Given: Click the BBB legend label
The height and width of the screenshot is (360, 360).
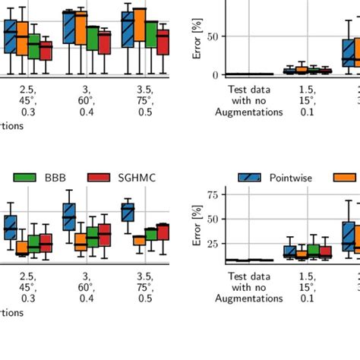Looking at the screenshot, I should point(55,178).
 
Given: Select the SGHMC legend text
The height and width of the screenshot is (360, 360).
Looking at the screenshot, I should point(136,178).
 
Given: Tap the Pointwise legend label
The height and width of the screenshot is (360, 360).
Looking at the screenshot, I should point(292,178).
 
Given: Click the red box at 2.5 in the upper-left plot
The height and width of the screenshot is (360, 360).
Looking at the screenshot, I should point(46,51).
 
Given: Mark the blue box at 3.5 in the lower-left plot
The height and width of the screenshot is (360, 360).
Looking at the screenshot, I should point(128,212).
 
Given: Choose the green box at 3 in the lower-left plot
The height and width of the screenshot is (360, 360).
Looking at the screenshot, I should point(93,237).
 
